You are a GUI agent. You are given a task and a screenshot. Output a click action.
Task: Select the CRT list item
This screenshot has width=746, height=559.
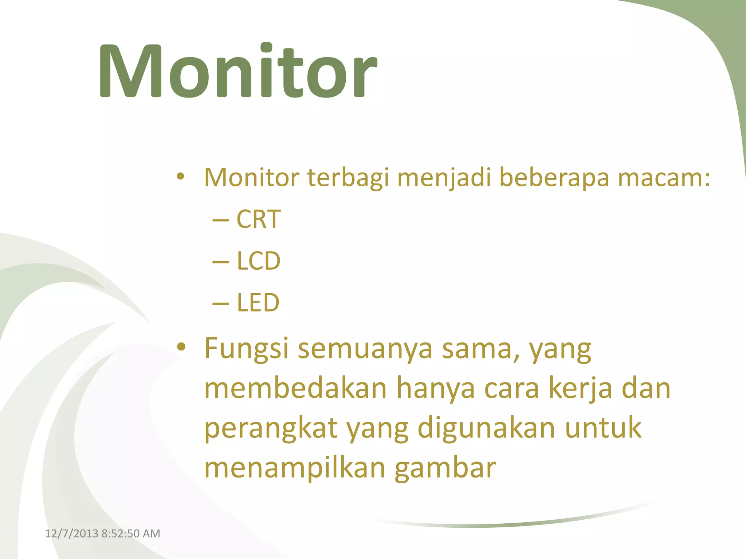pyautogui.click(x=258, y=219)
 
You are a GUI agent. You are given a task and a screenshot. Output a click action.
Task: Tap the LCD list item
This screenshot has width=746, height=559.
pyautogui.click(x=258, y=261)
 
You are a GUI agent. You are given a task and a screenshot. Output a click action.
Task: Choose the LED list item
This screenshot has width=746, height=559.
pyautogui.click(x=258, y=302)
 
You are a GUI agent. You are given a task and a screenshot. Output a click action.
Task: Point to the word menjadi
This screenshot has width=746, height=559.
pyautogui.click(x=444, y=178)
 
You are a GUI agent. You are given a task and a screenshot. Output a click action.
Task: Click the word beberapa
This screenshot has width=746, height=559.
pyautogui.click(x=554, y=178)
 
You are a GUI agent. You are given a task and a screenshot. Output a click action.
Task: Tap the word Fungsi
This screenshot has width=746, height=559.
pyautogui.click(x=246, y=349)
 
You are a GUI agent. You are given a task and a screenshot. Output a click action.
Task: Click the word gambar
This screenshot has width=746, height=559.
pyautogui.click(x=445, y=468)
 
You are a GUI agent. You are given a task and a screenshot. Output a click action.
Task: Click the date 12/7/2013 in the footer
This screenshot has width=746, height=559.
pyautogui.click(x=71, y=534)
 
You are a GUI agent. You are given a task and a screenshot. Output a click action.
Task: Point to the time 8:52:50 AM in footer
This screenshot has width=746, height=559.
pyautogui.click(x=131, y=534)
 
